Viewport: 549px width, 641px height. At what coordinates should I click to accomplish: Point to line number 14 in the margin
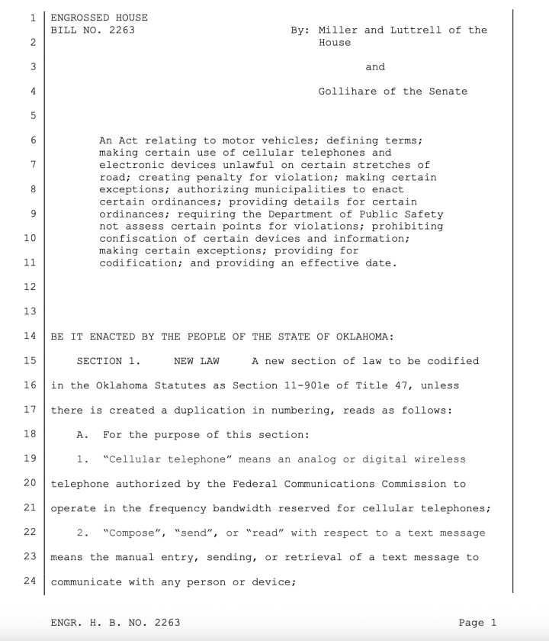coord(30,337)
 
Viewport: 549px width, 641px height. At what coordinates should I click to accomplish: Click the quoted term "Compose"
coord(126,533)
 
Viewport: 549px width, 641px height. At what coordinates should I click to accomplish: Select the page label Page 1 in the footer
coord(477,623)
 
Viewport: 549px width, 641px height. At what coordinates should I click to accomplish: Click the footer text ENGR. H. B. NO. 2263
coord(115,623)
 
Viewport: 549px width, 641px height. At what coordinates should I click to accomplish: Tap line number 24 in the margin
coord(30,582)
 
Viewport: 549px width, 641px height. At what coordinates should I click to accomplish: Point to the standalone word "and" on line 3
coord(375,67)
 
